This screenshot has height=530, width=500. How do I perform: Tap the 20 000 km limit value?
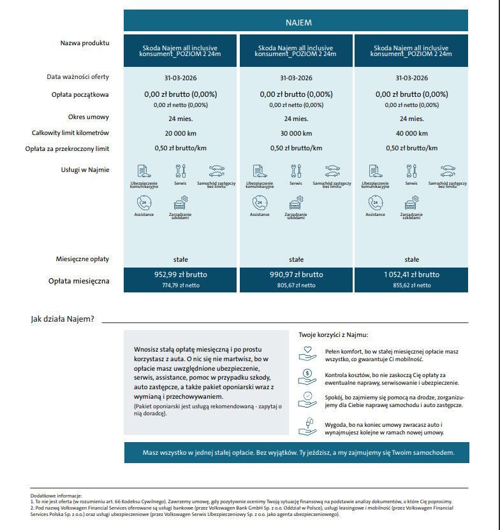pyautogui.click(x=180, y=134)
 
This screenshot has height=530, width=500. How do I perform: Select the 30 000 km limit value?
pyautogui.click(x=296, y=134)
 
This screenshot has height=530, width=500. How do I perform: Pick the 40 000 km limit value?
pyautogui.click(x=411, y=134)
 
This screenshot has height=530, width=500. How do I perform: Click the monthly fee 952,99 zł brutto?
pyautogui.click(x=180, y=275)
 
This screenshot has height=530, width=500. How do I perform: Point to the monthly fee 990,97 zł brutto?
pyautogui.click(x=296, y=275)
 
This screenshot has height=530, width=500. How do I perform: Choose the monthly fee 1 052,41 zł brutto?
pyautogui.click(x=411, y=275)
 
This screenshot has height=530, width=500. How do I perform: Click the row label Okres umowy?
pyautogui.click(x=89, y=117)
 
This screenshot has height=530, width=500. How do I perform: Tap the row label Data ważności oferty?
pyautogui.click(x=78, y=77)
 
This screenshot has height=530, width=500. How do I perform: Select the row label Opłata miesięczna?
pyautogui.click(x=79, y=281)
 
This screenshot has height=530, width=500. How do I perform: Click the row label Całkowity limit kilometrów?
pyautogui.click(x=71, y=133)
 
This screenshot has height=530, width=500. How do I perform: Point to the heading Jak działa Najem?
pyautogui.click(x=62, y=319)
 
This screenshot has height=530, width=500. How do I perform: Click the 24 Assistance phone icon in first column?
pyautogui.click(x=143, y=203)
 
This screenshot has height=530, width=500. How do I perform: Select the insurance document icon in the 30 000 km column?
pyautogui.click(x=259, y=171)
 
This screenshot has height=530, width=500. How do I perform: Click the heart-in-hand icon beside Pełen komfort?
pyautogui.click(x=307, y=352)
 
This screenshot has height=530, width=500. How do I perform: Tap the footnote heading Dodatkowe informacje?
pyautogui.click(x=56, y=496)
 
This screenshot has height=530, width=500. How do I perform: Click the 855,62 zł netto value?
pyautogui.click(x=411, y=285)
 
